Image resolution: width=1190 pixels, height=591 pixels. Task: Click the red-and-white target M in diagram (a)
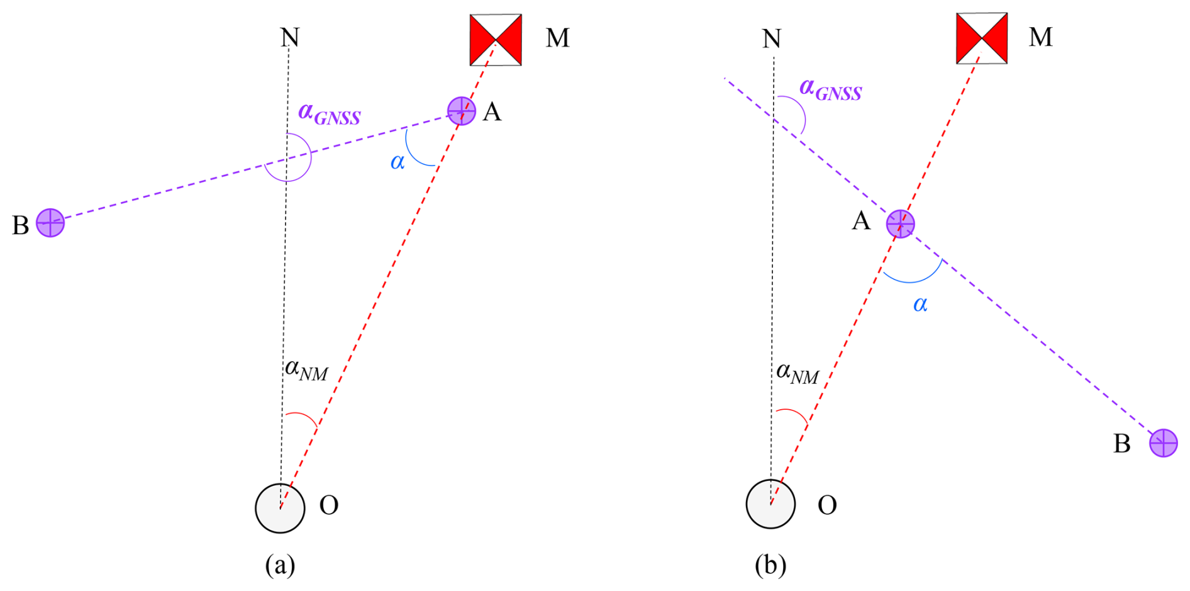[x=496, y=40]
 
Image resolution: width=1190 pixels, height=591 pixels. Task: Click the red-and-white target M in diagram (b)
[x=981, y=38]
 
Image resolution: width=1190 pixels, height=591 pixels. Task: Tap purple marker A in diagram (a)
[x=461, y=111]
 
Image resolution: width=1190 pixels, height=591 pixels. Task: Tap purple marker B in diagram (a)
[x=50, y=222]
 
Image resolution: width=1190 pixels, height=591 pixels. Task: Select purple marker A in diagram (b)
[x=900, y=223]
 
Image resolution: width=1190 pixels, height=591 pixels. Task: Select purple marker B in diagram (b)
[x=1163, y=442]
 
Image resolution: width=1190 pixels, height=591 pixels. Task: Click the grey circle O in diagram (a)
[x=280, y=508]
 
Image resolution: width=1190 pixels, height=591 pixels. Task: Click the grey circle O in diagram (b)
[x=770, y=504]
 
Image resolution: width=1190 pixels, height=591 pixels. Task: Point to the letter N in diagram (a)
[x=289, y=38]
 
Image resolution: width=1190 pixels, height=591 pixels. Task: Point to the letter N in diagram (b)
[x=771, y=39]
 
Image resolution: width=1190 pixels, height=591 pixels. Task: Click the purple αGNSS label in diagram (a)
[x=329, y=114]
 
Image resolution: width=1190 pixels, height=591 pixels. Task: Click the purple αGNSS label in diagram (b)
[x=830, y=89]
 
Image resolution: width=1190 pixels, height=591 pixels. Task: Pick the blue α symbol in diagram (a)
[x=398, y=162]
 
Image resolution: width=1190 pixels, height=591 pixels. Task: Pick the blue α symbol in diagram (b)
[x=920, y=305]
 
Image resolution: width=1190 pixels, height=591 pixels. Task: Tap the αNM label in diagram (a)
[x=306, y=370]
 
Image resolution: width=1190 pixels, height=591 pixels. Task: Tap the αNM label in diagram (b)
[x=797, y=373]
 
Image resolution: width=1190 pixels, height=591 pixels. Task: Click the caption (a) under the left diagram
[x=280, y=565]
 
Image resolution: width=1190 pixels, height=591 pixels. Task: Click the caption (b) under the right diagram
[x=770, y=565]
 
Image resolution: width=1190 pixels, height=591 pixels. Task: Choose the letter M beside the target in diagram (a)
[x=557, y=38]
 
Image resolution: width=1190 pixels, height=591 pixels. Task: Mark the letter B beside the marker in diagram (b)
[x=1121, y=444]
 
